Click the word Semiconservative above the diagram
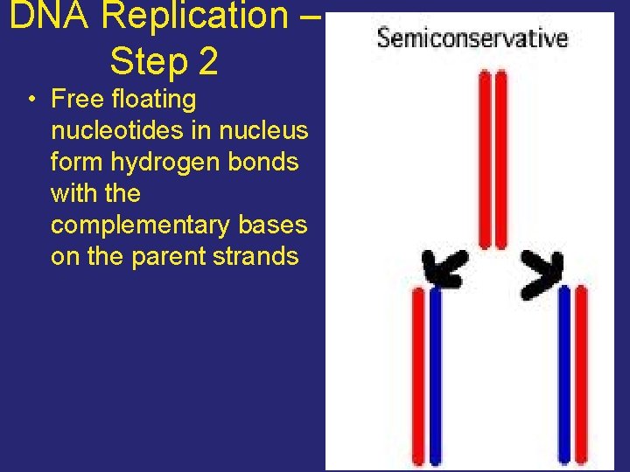coord(472,38)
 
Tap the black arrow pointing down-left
coord(444,267)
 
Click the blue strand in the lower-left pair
coord(436,376)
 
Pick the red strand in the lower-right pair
coord(581,376)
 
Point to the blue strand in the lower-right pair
coord(564,376)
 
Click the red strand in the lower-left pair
coord(418,376)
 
